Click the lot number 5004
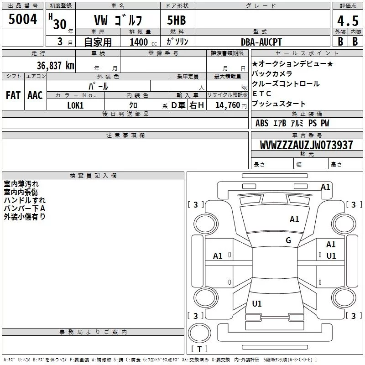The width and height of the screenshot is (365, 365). click(x=22, y=19)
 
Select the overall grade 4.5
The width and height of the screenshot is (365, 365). click(x=348, y=21)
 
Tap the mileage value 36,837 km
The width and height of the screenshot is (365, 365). click(x=55, y=66)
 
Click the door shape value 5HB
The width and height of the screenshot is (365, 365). click(x=177, y=20)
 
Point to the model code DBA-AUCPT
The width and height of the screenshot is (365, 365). click(x=261, y=42)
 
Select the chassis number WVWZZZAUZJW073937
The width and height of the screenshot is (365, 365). click(x=306, y=145)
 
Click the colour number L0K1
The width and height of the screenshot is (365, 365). click(x=75, y=105)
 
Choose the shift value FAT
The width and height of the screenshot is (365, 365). click(x=13, y=95)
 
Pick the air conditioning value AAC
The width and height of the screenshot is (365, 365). click(x=35, y=95)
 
